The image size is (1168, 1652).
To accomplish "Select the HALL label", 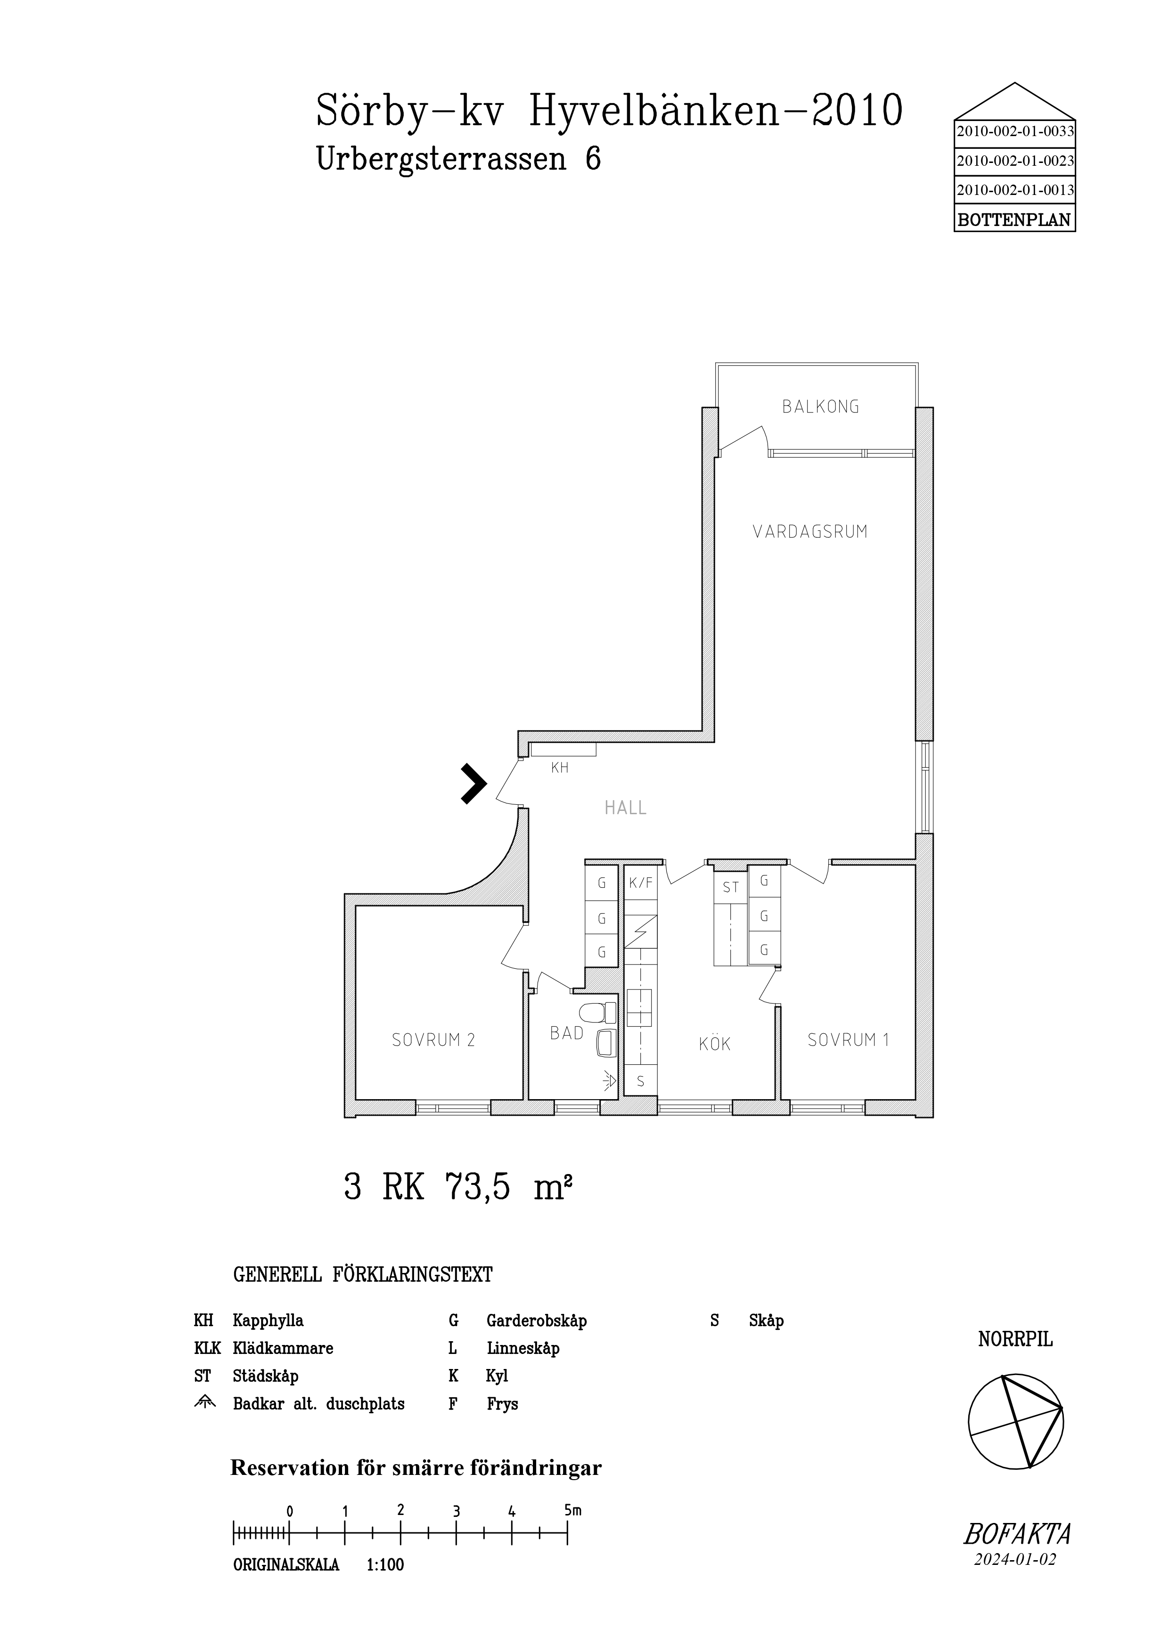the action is pos(625,808).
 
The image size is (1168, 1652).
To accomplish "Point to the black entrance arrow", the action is pos(474,784).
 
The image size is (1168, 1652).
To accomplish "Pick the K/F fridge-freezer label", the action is pos(640,883).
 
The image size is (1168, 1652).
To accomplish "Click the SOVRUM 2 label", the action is pos(433,1040).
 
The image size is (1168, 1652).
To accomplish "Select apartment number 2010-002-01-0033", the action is pos(1015,132).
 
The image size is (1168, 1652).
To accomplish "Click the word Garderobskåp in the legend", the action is pos(536,1320).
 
